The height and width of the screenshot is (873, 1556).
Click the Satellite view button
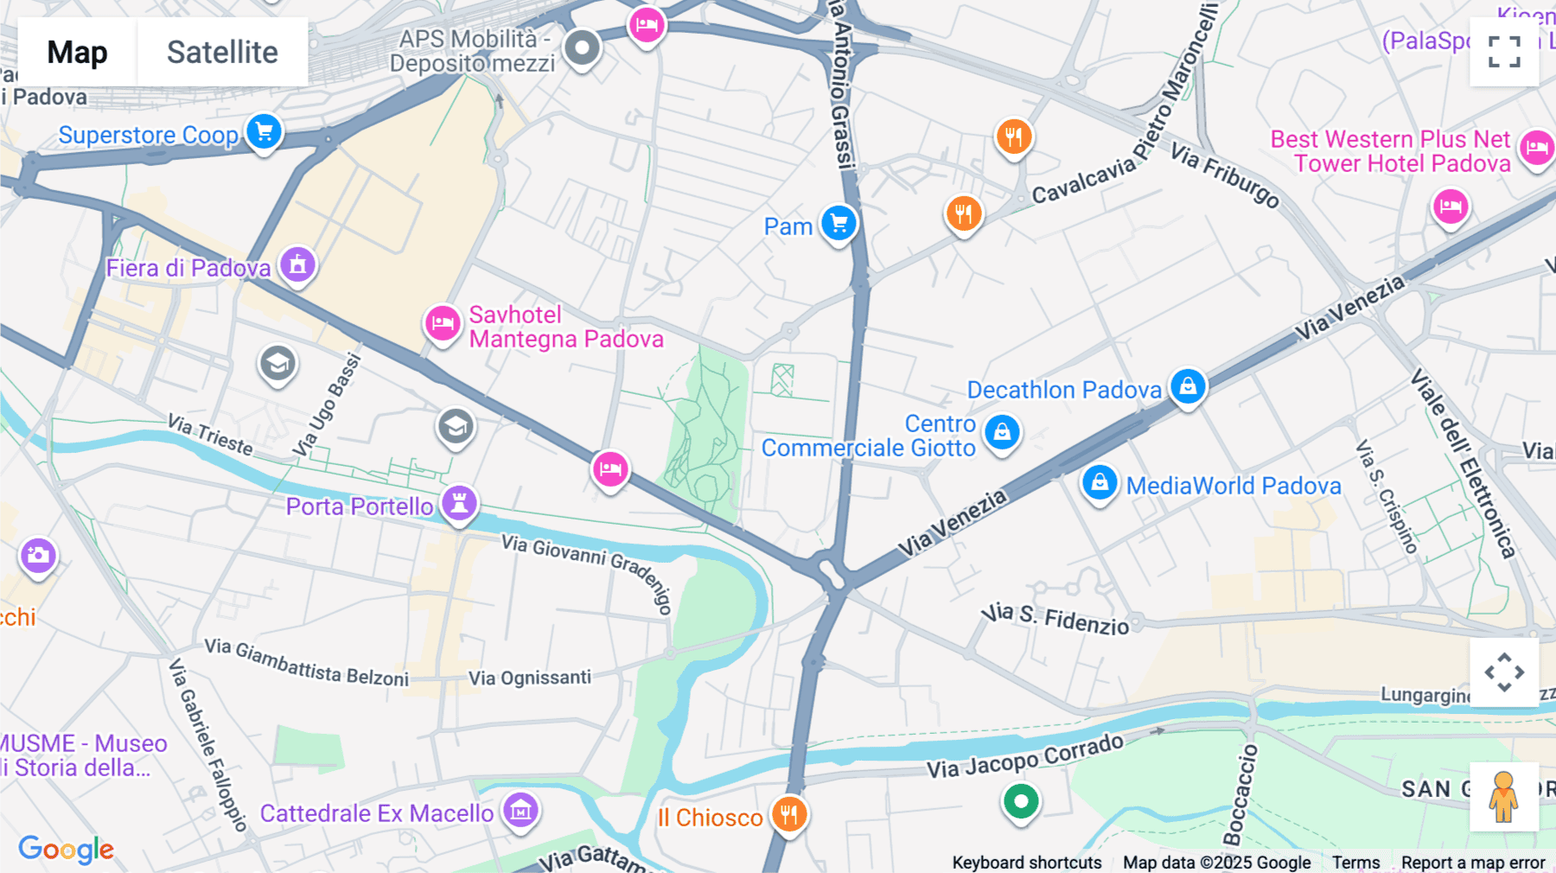[x=222, y=52]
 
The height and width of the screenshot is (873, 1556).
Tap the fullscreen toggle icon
[x=1504, y=52]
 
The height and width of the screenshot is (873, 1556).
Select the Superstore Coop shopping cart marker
[x=265, y=132]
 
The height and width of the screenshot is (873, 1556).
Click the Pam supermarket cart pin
[x=839, y=224]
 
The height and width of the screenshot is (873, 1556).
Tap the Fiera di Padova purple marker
[x=297, y=264]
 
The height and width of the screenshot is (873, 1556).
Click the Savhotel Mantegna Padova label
[x=565, y=327]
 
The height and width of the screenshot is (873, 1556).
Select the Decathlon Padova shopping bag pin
[x=1188, y=386]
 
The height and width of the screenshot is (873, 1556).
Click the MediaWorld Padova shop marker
[x=1100, y=482]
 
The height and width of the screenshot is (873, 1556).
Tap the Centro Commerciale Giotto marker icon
[x=1002, y=432]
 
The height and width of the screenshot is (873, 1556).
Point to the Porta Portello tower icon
[x=459, y=503]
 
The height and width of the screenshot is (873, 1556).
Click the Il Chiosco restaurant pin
[x=788, y=814]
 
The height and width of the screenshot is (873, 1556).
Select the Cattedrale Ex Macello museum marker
[x=520, y=811]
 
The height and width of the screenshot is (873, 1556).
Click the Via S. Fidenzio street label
[x=1055, y=618]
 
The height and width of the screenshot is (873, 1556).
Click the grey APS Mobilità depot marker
[x=582, y=48]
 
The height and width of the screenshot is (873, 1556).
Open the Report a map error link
[x=1472, y=862]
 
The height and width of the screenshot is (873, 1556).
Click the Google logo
[x=66, y=849]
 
